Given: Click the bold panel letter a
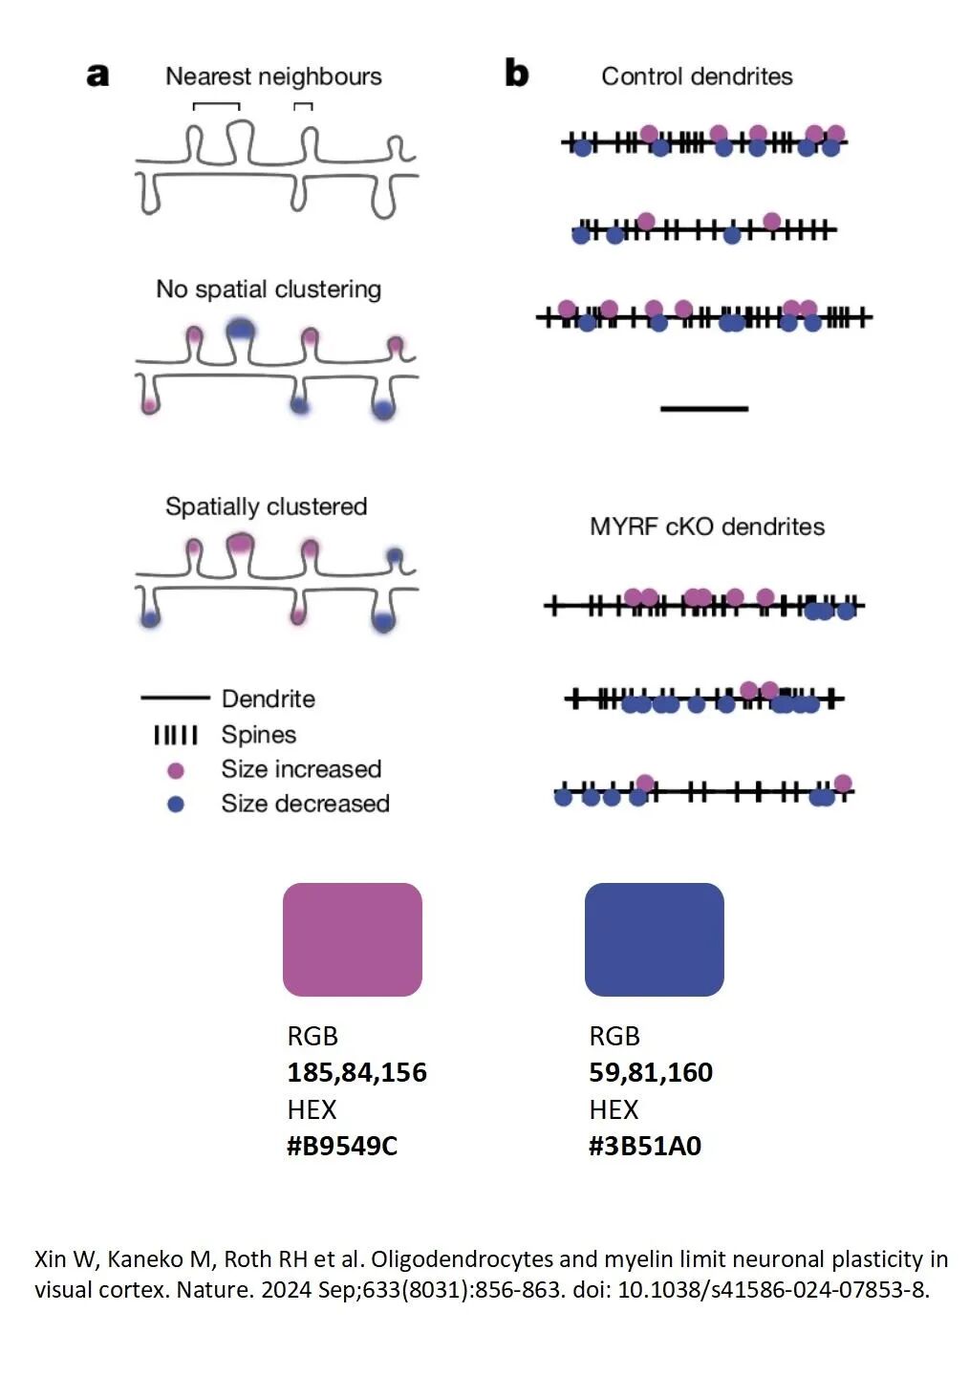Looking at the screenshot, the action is (x=97, y=75).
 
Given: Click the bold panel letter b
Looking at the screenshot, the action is (x=516, y=74).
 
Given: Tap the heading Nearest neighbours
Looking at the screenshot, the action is (x=273, y=76).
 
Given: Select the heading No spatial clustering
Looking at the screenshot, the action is (x=269, y=289).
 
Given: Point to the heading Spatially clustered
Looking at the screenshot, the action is (x=266, y=506).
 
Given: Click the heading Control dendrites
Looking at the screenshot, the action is (x=697, y=76).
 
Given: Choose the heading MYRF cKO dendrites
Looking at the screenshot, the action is (x=706, y=527).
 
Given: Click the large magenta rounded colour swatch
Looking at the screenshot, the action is (x=352, y=939).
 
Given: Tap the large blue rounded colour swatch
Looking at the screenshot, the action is (x=654, y=939).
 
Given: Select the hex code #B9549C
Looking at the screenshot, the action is (x=342, y=1146).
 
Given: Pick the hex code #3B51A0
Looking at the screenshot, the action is (x=645, y=1146).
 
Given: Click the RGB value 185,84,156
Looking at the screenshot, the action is (x=356, y=1072).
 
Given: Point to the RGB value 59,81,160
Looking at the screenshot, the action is (x=651, y=1072).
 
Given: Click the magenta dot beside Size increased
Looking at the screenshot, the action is (x=176, y=770).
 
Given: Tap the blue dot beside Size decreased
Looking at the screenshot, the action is (x=176, y=805).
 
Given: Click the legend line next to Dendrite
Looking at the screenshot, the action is (x=175, y=698).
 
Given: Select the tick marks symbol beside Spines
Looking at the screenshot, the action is (x=176, y=735).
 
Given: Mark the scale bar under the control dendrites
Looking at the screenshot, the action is (x=704, y=409).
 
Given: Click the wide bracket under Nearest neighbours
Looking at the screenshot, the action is (x=216, y=106).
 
